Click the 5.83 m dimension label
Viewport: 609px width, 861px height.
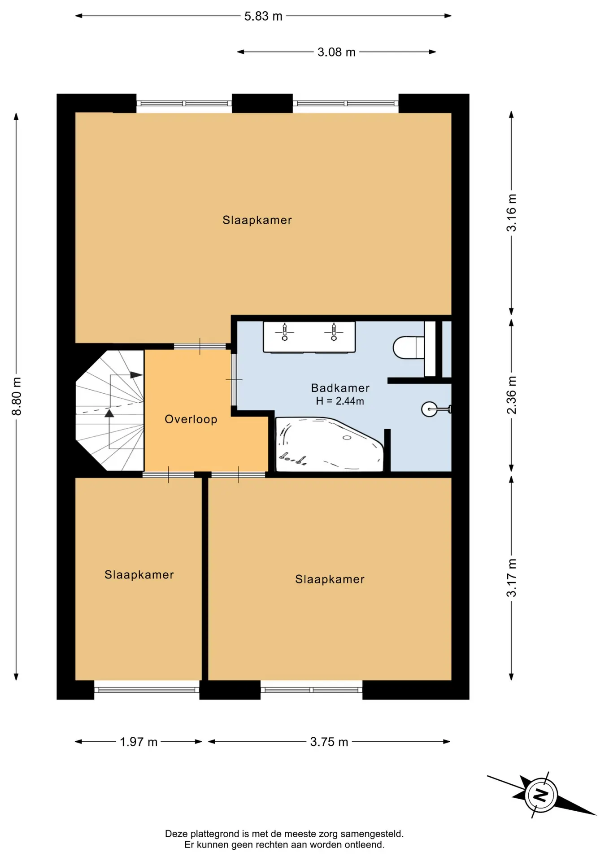263,16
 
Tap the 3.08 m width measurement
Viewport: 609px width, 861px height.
336,52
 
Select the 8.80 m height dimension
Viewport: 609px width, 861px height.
17,396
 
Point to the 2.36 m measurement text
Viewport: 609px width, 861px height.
511,395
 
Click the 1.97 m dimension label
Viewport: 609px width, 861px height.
139,742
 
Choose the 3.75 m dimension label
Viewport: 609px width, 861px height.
329,742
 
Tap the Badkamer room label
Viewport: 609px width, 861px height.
340,388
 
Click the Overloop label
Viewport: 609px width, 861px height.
191,419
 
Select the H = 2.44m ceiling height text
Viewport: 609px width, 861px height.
340,401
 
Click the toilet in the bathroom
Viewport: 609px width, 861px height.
409,348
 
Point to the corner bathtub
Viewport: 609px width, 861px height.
330,444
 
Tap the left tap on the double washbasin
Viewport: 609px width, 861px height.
284,332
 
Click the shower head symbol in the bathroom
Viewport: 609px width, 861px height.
435,409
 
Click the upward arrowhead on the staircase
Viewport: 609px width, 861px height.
109,413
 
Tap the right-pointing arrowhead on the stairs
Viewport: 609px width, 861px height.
136,375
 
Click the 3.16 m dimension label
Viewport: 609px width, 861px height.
511,213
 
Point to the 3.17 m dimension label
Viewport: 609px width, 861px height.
511,578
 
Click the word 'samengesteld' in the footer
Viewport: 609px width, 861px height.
372,834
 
